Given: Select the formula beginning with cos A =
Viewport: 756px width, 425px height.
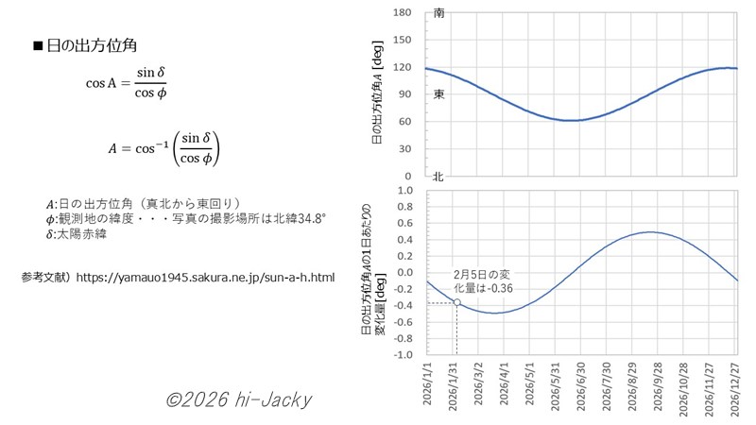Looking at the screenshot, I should pyautogui.click(x=127, y=82).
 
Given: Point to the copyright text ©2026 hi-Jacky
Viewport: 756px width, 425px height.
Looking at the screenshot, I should pyautogui.click(x=237, y=399).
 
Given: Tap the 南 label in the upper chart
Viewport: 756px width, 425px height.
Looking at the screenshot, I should pyautogui.click(x=438, y=13).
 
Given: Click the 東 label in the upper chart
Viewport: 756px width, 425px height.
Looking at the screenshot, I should pyautogui.click(x=438, y=95).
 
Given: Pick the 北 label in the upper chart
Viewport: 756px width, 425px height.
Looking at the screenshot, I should pyautogui.click(x=438, y=177).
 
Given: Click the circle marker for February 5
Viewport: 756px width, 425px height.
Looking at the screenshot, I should pyautogui.click(x=457, y=302).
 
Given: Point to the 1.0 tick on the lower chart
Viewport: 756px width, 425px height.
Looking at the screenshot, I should pyautogui.click(x=405, y=190).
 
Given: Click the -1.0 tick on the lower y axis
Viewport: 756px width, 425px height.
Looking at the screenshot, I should pyautogui.click(x=404, y=354).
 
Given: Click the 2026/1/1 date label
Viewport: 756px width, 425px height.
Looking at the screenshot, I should pyautogui.click(x=427, y=387).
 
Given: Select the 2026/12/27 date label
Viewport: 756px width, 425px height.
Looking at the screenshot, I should pyautogui.click(x=736, y=387).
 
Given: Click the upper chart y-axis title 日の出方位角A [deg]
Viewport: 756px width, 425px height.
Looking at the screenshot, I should pyautogui.click(x=376, y=94).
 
